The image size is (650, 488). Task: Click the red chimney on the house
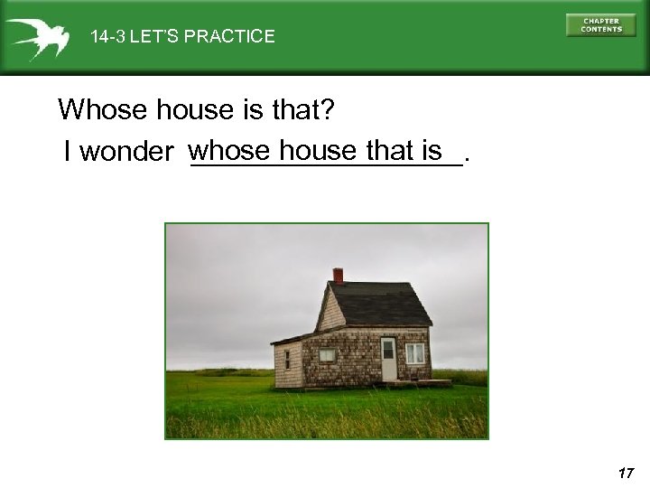[338, 275]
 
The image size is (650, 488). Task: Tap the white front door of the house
[388, 359]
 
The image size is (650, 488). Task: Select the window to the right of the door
[415, 353]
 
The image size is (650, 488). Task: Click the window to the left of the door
[327, 354]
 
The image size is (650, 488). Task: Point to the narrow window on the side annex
[288, 360]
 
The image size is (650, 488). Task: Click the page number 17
[627, 472]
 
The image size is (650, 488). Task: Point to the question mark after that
[328, 110]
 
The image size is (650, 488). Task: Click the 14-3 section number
[107, 37]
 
